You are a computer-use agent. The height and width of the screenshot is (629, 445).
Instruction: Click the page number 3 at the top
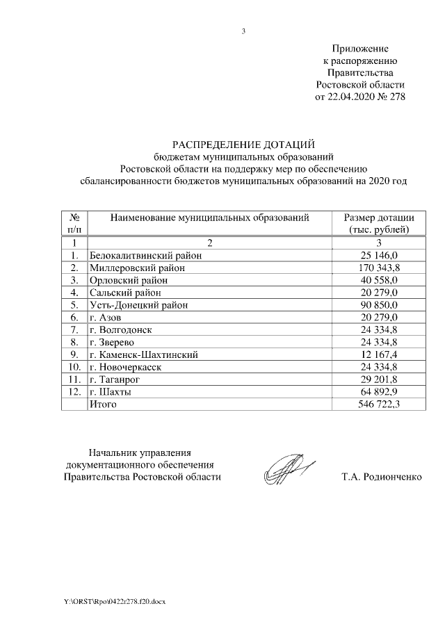tap(243, 31)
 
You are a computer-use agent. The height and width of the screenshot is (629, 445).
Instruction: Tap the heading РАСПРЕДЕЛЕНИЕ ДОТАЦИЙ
tap(243, 144)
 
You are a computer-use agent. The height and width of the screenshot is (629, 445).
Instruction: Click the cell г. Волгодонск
tap(121, 330)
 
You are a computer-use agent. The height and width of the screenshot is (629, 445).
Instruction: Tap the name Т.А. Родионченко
tap(382, 477)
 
